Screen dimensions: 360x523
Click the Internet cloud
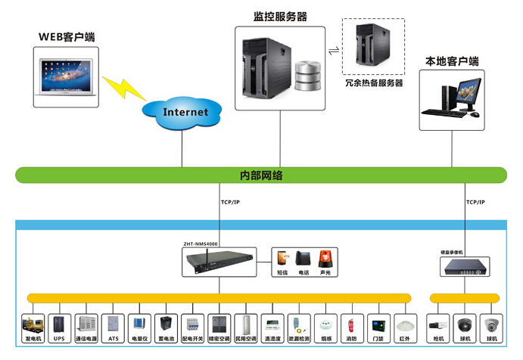185,112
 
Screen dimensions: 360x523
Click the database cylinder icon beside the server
308,75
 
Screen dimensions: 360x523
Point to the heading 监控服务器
280,16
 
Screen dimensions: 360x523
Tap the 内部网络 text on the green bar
261,175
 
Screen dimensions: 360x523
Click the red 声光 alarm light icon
325,258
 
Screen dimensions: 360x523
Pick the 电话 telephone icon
304,258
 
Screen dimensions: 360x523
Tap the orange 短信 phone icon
282,258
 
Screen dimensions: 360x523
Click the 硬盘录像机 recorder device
464,265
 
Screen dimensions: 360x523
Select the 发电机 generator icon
33,325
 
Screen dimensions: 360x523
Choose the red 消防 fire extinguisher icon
350,326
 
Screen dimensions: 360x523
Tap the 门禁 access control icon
377,326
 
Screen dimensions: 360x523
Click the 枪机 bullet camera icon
437,326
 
